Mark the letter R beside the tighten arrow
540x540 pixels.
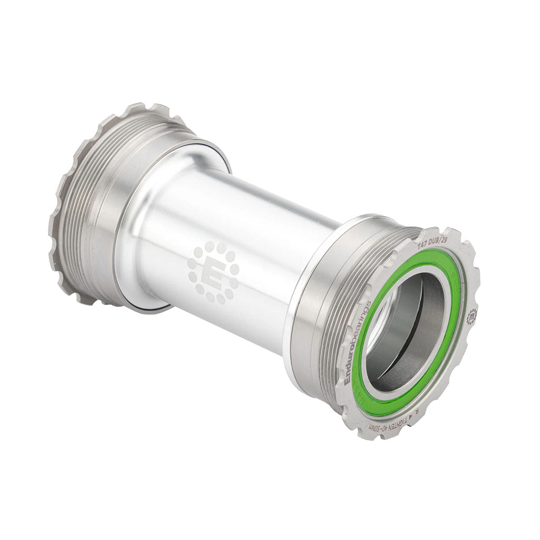click(x=416, y=412)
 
